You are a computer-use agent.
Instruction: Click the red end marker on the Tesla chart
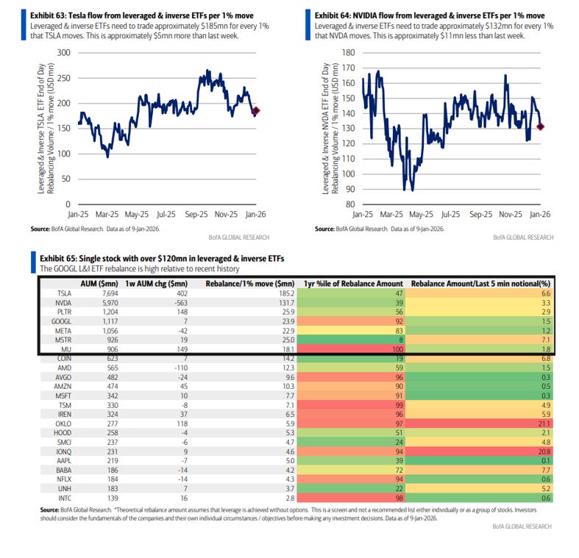pos(256,111)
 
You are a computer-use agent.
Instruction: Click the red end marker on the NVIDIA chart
pos(541,126)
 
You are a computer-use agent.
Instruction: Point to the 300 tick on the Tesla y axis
pos(63,53)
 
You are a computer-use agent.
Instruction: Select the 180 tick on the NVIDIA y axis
pos(349,53)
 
